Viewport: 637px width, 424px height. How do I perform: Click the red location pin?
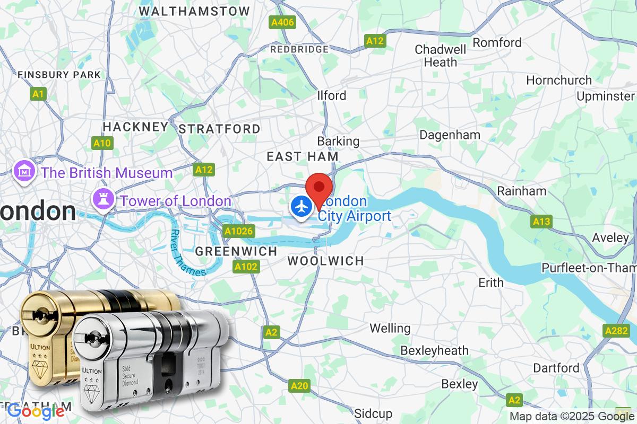(x=320, y=187)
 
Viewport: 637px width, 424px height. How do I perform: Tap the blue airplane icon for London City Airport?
(x=302, y=206)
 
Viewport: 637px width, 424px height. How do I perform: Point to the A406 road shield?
(x=282, y=22)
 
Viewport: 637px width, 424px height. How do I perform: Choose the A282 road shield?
(x=616, y=330)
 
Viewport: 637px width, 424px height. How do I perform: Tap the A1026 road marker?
(x=239, y=231)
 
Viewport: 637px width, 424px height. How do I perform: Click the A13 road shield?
(x=541, y=222)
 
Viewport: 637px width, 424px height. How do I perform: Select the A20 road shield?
(x=300, y=386)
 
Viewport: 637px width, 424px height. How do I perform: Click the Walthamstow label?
(x=194, y=11)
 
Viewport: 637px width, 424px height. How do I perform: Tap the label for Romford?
(x=497, y=42)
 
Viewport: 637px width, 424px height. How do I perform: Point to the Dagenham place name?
(x=450, y=135)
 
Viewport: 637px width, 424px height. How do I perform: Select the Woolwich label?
(x=325, y=261)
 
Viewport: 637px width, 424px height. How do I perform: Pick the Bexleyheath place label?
(x=434, y=350)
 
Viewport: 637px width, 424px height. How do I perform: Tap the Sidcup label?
(x=373, y=413)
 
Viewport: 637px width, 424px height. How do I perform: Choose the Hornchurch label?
(x=559, y=81)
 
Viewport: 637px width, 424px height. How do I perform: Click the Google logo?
(x=36, y=411)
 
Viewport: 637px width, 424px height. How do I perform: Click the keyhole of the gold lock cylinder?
(x=38, y=315)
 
